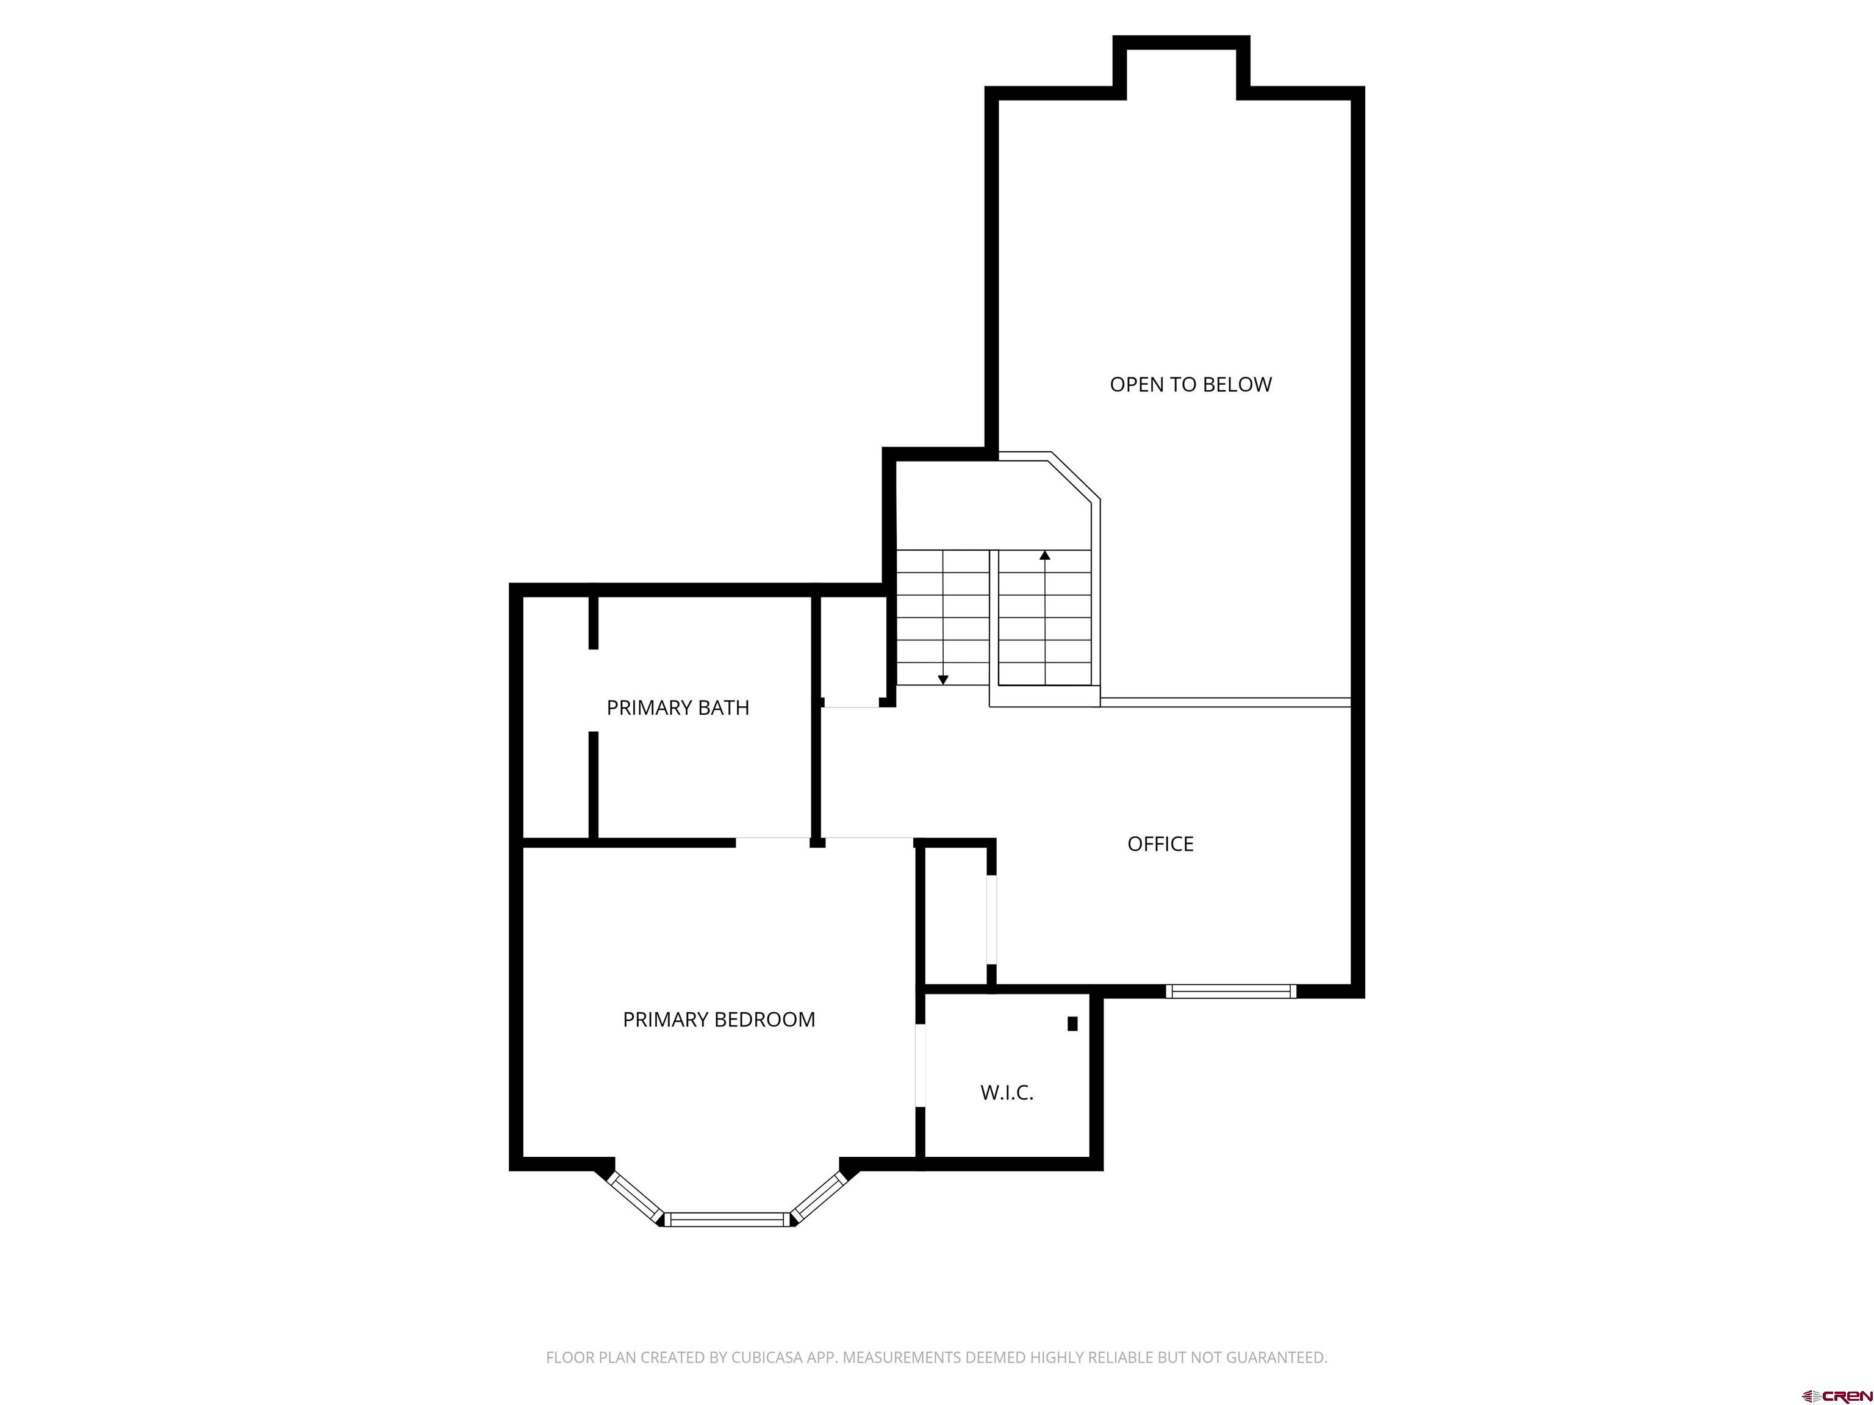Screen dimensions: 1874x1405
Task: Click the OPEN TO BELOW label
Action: click(1190, 385)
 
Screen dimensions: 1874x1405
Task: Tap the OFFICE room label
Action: click(1160, 843)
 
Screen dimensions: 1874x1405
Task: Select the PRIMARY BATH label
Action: click(678, 707)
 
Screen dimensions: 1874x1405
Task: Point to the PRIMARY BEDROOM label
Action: click(719, 1020)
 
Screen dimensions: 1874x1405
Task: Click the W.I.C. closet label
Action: click(1007, 1093)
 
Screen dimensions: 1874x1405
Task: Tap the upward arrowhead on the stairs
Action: click(1044, 556)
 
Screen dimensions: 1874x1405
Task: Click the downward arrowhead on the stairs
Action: click(943, 680)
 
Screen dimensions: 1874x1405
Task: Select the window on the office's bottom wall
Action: click(1231, 991)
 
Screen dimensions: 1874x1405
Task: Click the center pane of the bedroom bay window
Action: click(726, 1220)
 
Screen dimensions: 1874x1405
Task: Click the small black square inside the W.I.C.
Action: click(1072, 1023)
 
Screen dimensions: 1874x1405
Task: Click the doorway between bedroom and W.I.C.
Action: click(920, 1065)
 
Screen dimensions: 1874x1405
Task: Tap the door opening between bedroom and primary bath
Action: click(773, 843)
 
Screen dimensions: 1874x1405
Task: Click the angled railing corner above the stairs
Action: click(1075, 476)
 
